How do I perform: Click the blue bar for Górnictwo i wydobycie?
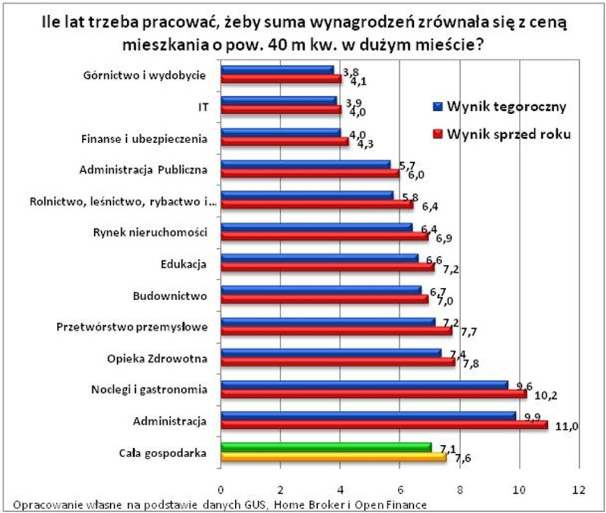tap(277, 70)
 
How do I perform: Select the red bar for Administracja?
tap(384, 425)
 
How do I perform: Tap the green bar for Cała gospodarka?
tap(326, 447)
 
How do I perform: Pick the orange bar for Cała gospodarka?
tap(333, 457)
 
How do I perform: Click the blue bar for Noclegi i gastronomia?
tap(364, 385)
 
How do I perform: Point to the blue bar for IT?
tap(279, 101)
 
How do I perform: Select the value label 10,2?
tap(546, 395)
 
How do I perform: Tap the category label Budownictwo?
tap(170, 296)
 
